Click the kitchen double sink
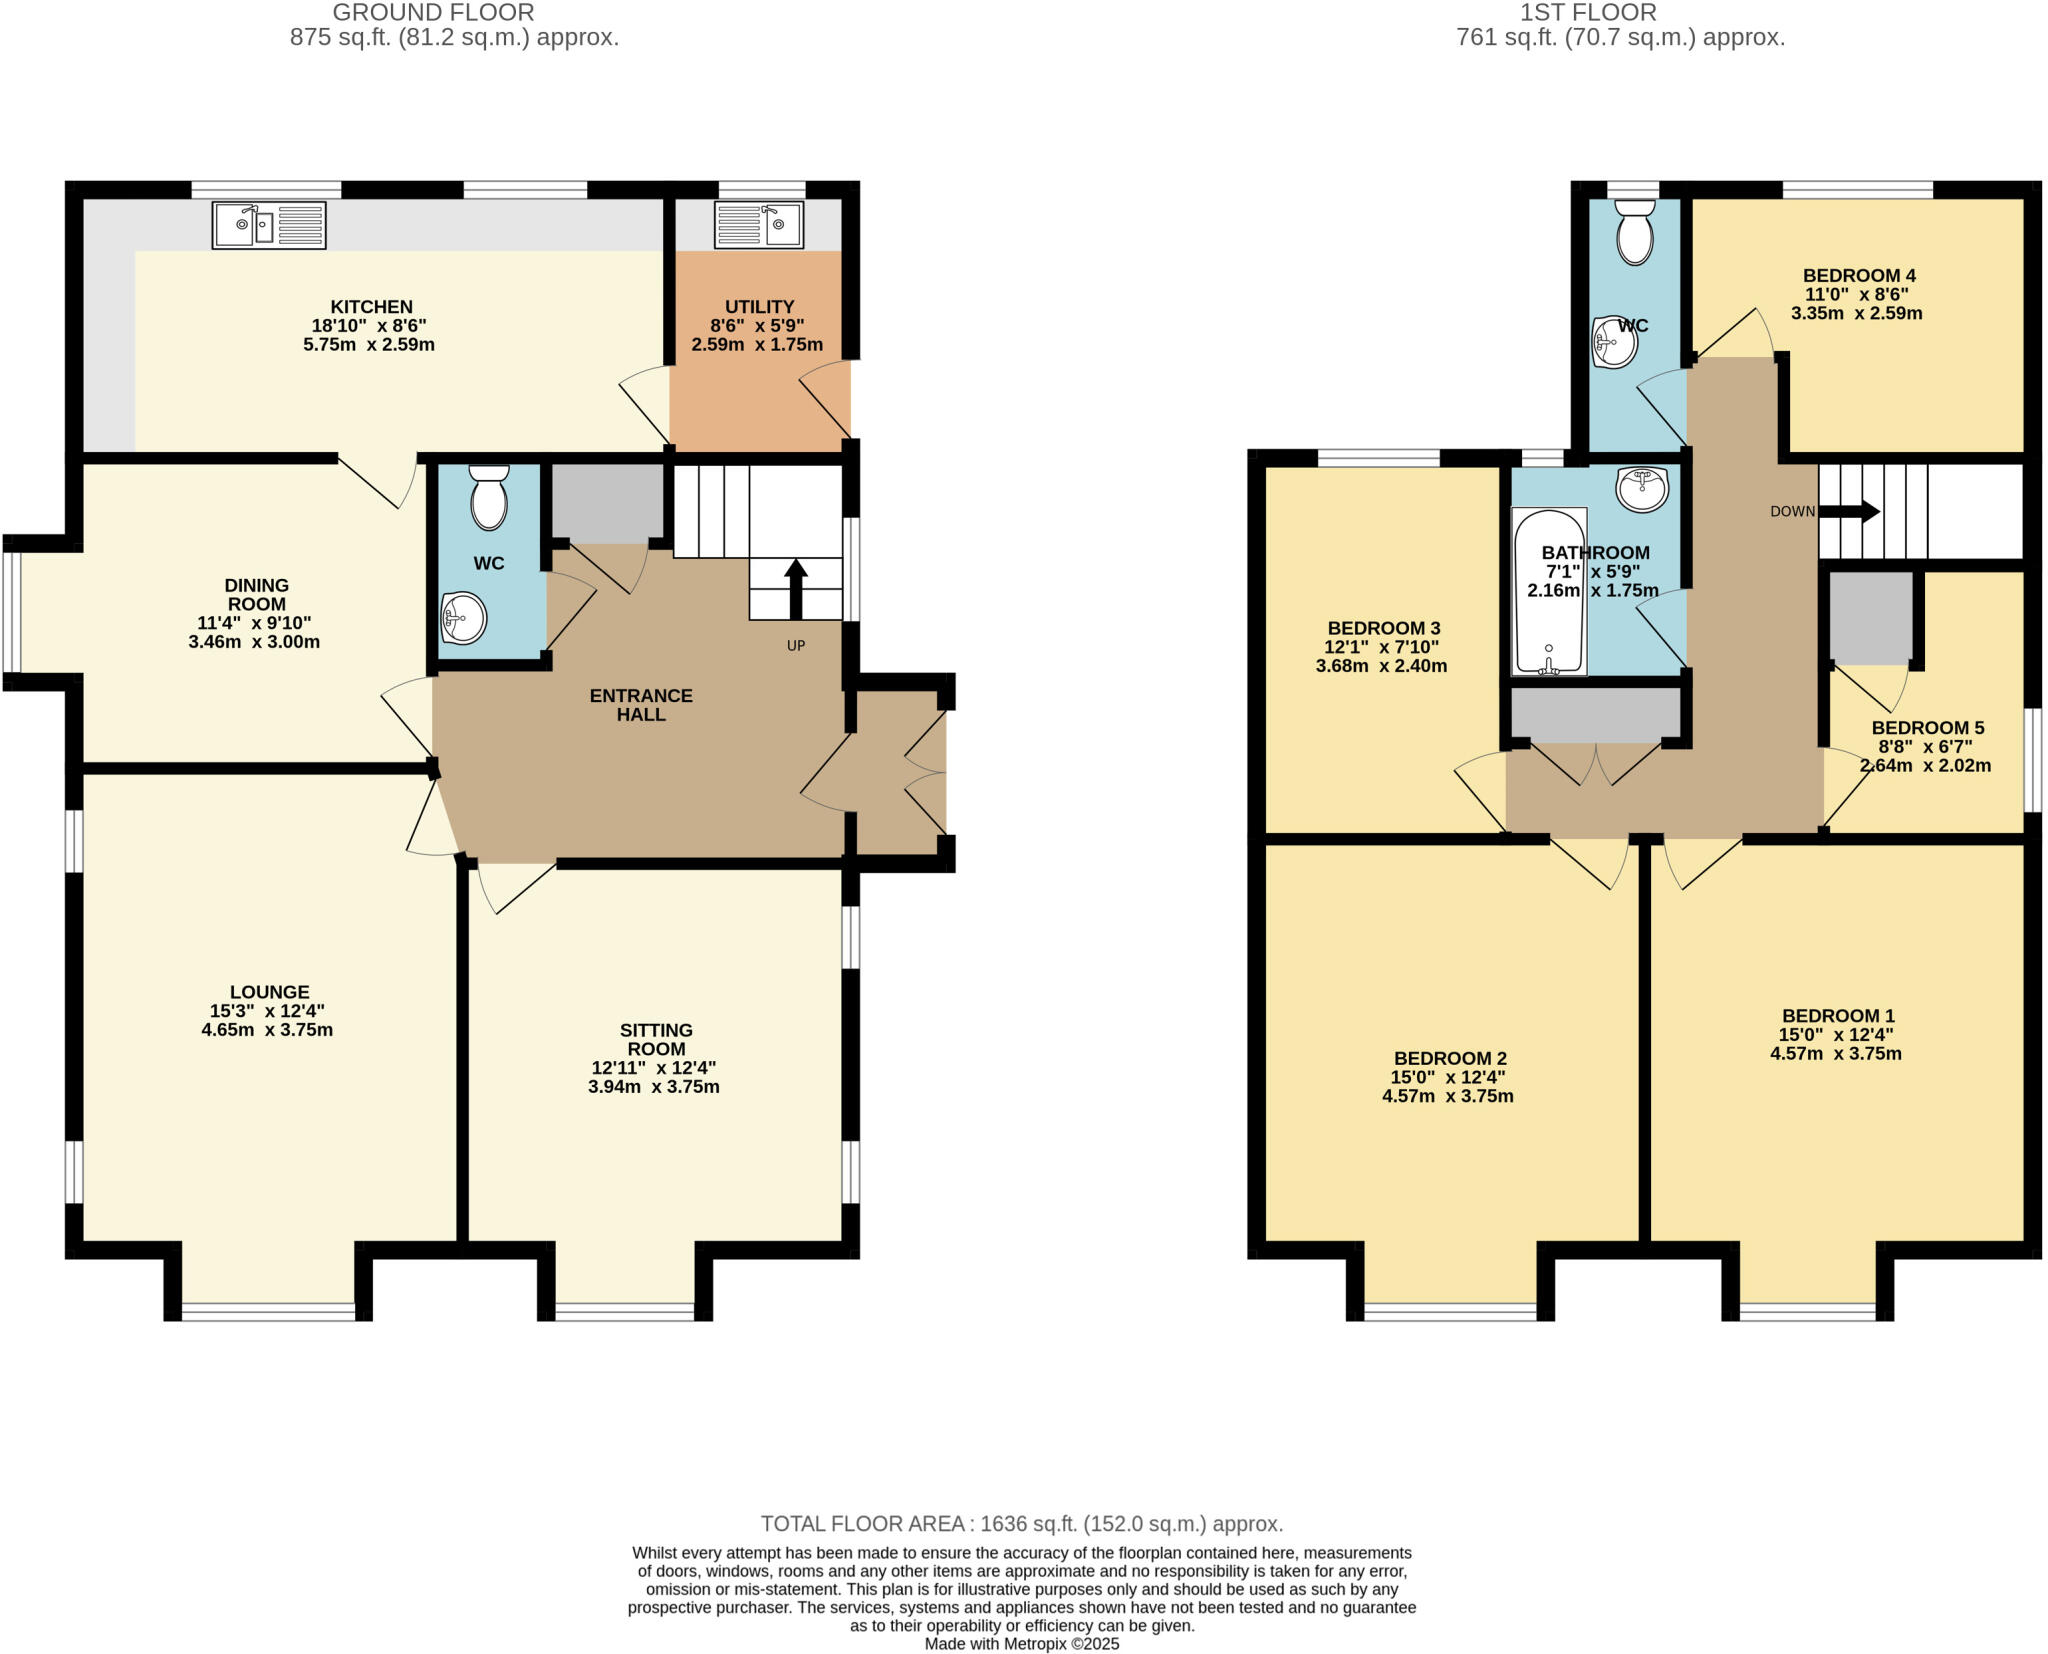(268, 225)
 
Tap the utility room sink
(758, 225)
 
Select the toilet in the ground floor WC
(489, 496)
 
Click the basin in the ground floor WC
(464, 617)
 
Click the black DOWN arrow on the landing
(1849, 511)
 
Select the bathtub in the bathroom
(1549, 592)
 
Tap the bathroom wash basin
(1641, 489)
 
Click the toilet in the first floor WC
(1634, 232)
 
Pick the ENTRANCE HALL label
(641, 705)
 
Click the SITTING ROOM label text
(656, 1039)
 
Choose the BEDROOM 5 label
(1927, 728)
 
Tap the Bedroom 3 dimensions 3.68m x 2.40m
(1381, 666)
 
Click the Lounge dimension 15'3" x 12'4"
(267, 1011)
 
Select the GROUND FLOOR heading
(433, 13)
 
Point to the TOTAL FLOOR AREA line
(1021, 1524)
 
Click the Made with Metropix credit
(1021, 1644)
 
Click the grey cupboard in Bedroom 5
(1870, 618)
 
